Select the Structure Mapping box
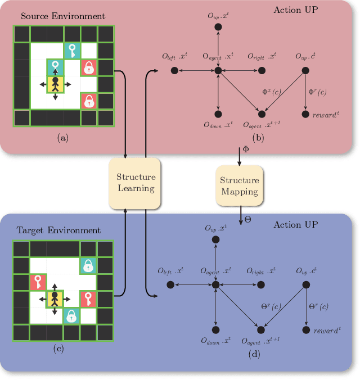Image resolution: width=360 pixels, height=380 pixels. [239, 186]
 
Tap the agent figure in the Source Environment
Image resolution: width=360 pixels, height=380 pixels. [55, 85]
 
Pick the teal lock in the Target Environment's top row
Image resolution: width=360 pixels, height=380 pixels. [88, 265]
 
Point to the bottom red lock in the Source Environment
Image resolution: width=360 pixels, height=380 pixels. [88, 101]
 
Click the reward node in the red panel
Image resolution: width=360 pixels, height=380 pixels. [305, 115]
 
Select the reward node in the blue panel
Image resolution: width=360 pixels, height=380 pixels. [305, 330]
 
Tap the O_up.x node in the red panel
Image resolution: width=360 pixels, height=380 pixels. [218, 28]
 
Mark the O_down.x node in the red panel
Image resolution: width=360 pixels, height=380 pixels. [218, 115]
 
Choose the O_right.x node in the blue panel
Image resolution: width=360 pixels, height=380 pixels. [262, 286]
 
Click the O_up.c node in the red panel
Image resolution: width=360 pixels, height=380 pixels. [305, 70]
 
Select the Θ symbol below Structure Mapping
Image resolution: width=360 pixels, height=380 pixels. [247, 219]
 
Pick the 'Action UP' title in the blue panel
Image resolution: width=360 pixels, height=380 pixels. [296, 225]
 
